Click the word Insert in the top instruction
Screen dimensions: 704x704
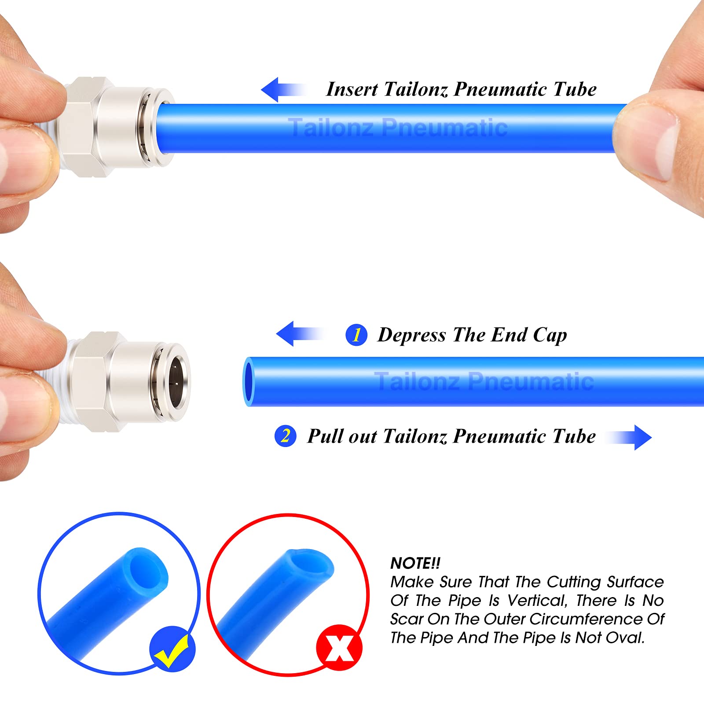[x=352, y=89]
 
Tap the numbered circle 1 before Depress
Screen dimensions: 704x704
[x=356, y=335]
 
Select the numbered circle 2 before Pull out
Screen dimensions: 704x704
[x=285, y=436]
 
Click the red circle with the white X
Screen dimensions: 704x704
[x=339, y=648]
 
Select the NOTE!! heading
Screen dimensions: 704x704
[x=415, y=563]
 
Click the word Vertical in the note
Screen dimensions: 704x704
[x=536, y=601]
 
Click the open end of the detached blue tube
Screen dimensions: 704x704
[x=249, y=381]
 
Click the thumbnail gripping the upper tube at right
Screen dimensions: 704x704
[x=651, y=145]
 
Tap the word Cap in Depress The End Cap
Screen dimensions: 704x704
[x=550, y=335]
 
